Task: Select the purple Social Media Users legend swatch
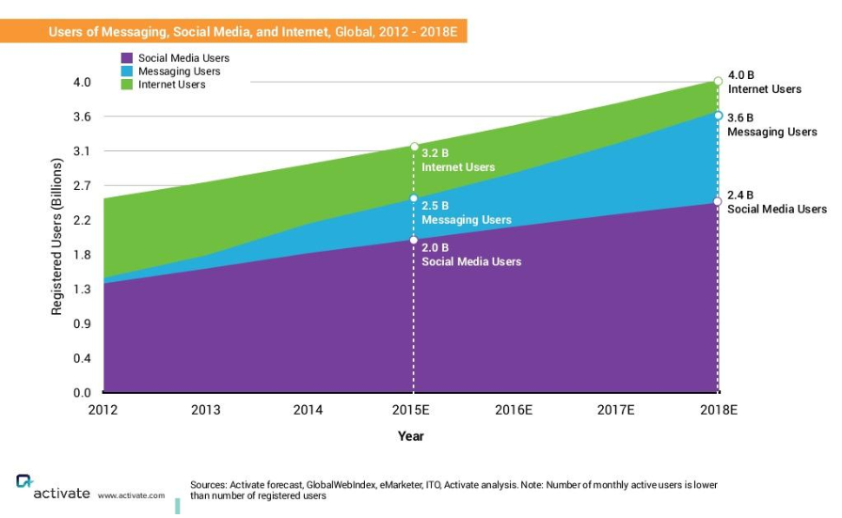point(127,58)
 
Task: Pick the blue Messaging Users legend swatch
point(127,71)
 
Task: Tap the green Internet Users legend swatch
point(127,85)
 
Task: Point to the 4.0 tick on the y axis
point(82,83)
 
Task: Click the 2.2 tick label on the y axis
point(82,221)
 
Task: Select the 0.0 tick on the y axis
point(82,393)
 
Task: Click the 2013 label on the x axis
point(206,410)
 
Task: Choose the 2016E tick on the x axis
point(514,410)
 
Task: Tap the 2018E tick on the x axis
point(719,410)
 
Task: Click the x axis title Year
point(411,436)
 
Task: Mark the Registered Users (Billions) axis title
point(57,237)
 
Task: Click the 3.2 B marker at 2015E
point(414,147)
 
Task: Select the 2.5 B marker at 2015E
point(414,198)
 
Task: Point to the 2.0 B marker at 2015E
point(414,241)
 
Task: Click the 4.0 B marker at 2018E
point(719,82)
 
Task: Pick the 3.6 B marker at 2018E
point(719,116)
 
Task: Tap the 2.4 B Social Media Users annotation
point(776,202)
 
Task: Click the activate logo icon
point(24,481)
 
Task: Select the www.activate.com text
point(131,495)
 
